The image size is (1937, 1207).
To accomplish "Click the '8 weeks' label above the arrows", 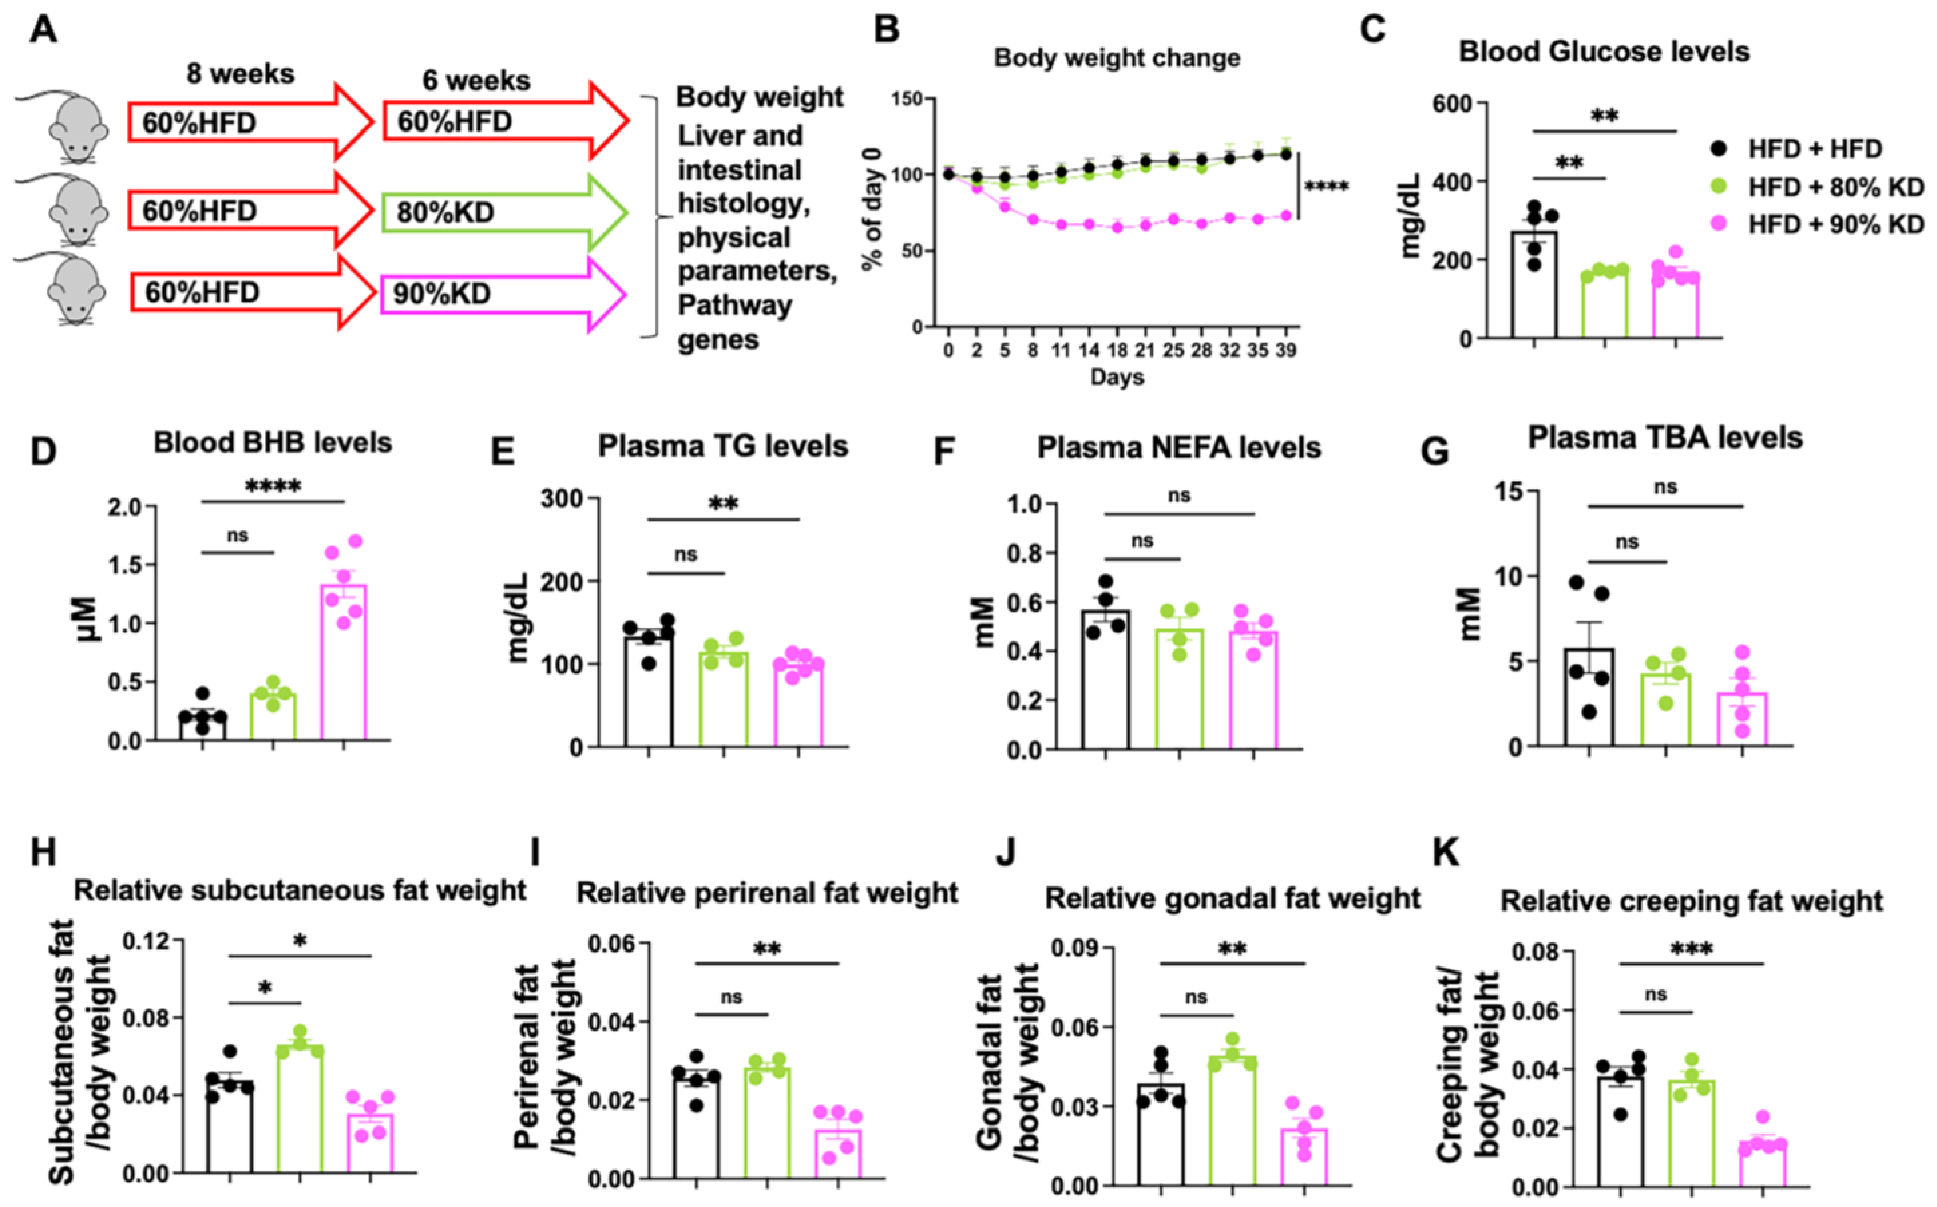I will tap(240, 74).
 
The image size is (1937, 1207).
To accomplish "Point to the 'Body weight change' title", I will tap(1116, 58).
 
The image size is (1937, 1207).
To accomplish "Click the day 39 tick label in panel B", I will tap(1286, 351).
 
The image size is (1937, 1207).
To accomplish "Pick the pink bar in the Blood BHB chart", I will tap(343, 663).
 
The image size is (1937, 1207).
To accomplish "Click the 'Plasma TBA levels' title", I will tap(1665, 438).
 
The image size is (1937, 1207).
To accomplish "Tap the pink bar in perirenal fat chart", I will tap(838, 1154).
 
